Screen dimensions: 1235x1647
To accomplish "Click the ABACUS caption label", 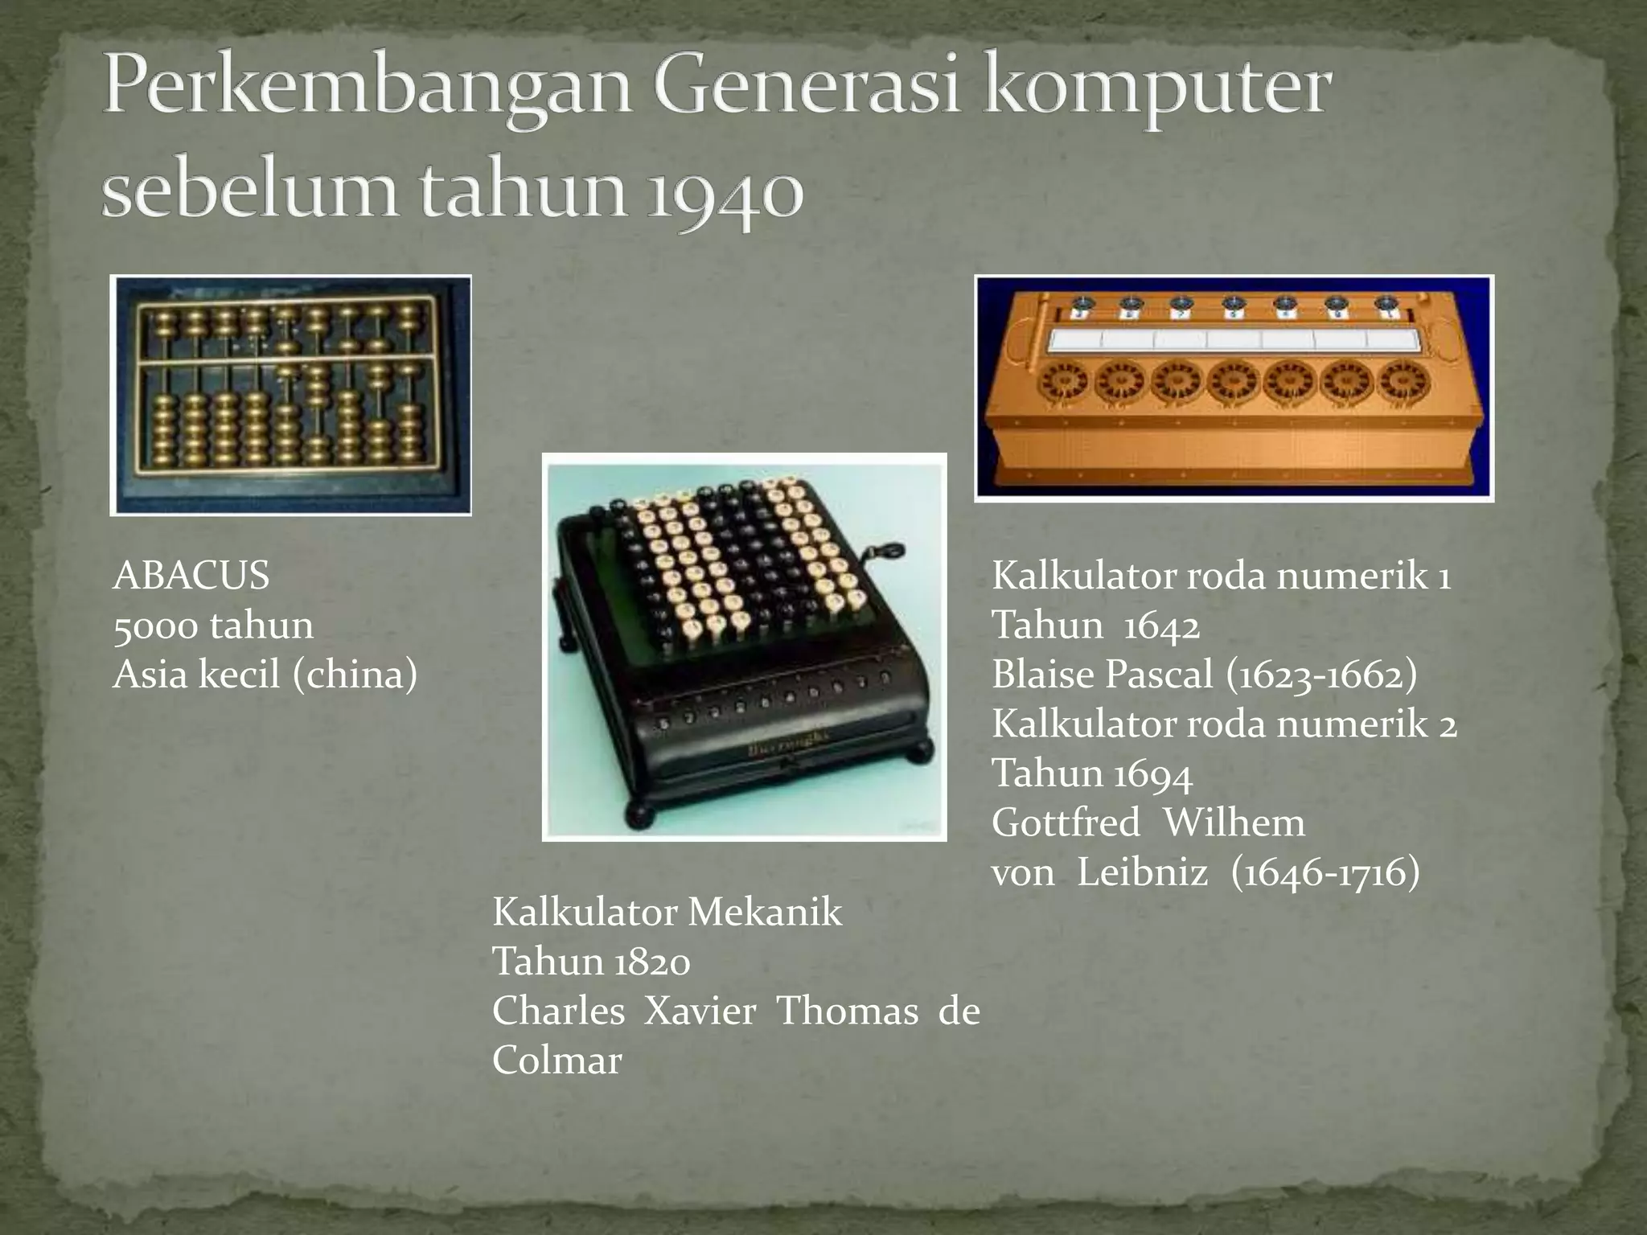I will pyautogui.click(x=191, y=576).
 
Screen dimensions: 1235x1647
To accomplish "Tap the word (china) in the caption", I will pyautogui.click(x=355, y=674).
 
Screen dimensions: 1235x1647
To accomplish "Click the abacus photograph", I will pyautogui.click(x=290, y=394).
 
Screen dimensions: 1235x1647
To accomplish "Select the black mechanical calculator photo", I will pyautogui.click(x=744, y=646).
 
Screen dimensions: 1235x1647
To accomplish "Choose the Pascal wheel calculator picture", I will pyautogui.click(x=1234, y=388).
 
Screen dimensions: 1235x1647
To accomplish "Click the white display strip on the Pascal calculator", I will pyautogui.click(x=1234, y=340).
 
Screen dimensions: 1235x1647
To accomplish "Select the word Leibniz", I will pyautogui.click(x=1142, y=872).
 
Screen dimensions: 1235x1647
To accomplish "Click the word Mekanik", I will pyautogui.click(x=765, y=912).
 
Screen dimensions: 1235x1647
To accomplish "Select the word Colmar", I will pyautogui.click(x=557, y=1061).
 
